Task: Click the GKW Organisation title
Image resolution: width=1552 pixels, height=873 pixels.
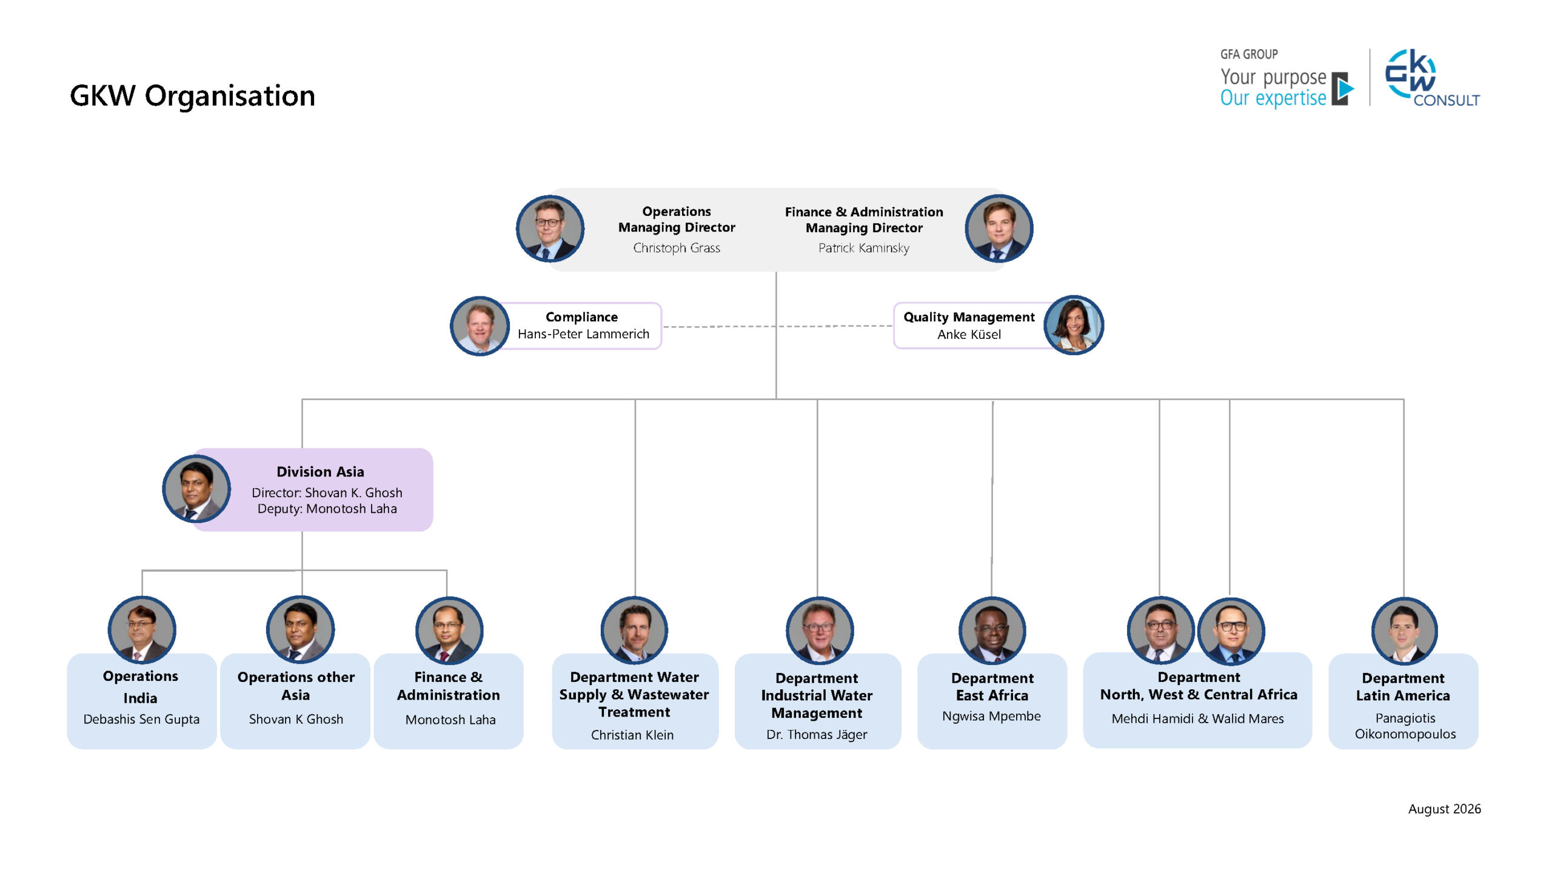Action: click(x=192, y=96)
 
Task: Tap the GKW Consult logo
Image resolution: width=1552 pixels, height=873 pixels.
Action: click(x=1432, y=78)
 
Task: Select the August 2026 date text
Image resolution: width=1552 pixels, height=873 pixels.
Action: click(x=1444, y=809)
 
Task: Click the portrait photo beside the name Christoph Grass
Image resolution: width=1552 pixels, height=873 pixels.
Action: click(x=550, y=229)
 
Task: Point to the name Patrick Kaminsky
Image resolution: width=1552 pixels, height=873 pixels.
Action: click(x=863, y=248)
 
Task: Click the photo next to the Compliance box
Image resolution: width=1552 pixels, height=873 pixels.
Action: click(x=480, y=326)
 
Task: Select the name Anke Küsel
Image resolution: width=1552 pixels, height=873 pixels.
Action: click(x=969, y=334)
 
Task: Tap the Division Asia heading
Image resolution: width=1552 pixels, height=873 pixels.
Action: click(x=320, y=472)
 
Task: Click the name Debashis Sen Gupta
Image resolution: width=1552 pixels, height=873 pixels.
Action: click(x=141, y=719)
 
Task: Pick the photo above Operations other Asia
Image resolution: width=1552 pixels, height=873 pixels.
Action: click(x=300, y=630)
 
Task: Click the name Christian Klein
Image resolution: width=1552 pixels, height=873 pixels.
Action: click(x=632, y=735)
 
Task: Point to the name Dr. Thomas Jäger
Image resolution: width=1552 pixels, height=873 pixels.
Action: click(x=817, y=735)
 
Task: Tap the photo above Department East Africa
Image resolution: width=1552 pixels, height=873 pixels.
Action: click(x=992, y=630)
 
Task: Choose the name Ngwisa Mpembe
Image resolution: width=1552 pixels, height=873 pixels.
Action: click(x=991, y=716)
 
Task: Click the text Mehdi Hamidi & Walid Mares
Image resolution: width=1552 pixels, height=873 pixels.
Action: click(x=1197, y=718)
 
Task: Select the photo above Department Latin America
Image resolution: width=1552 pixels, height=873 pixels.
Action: click(x=1404, y=630)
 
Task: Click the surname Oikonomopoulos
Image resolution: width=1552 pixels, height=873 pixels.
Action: click(x=1405, y=734)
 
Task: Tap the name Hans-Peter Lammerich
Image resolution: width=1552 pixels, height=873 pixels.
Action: click(x=583, y=334)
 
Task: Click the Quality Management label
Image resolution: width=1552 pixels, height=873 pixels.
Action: click(x=969, y=317)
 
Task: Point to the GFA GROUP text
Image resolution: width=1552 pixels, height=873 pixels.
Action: click(x=1249, y=54)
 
